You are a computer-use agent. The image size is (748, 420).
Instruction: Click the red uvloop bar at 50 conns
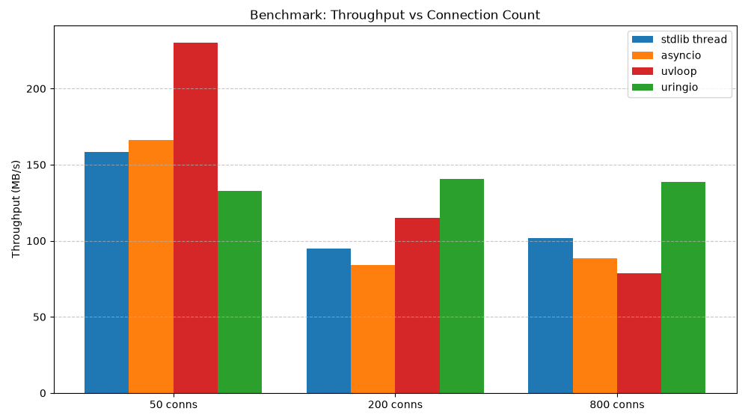(195, 218)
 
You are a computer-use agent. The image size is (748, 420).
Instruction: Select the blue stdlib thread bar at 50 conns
(107, 273)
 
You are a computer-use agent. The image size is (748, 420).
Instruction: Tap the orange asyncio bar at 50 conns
(151, 267)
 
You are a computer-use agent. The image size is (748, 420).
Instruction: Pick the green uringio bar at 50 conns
(239, 292)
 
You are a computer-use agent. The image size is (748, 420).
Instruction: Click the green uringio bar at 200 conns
(462, 286)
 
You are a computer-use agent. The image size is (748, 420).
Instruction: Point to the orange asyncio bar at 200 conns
(373, 329)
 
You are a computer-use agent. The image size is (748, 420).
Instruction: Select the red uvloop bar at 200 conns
(417, 305)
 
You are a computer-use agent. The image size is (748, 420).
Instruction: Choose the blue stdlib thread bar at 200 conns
(328, 320)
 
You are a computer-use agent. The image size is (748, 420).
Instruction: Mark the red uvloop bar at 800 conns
(640, 333)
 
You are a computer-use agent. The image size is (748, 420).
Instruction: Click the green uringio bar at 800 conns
(683, 287)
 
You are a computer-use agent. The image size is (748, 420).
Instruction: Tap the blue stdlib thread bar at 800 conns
(551, 315)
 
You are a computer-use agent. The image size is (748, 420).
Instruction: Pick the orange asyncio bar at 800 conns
(595, 326)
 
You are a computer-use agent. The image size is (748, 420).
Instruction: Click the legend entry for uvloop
(664, 71)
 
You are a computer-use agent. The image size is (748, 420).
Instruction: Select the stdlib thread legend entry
(679, 39)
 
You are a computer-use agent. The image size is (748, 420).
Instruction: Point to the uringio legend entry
(665, 87)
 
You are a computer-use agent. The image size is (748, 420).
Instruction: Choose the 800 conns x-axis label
(617, 405)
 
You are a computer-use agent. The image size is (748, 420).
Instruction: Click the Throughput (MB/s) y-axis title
(16, 209)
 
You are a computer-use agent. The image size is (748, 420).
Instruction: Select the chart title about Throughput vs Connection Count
(395, 15)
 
